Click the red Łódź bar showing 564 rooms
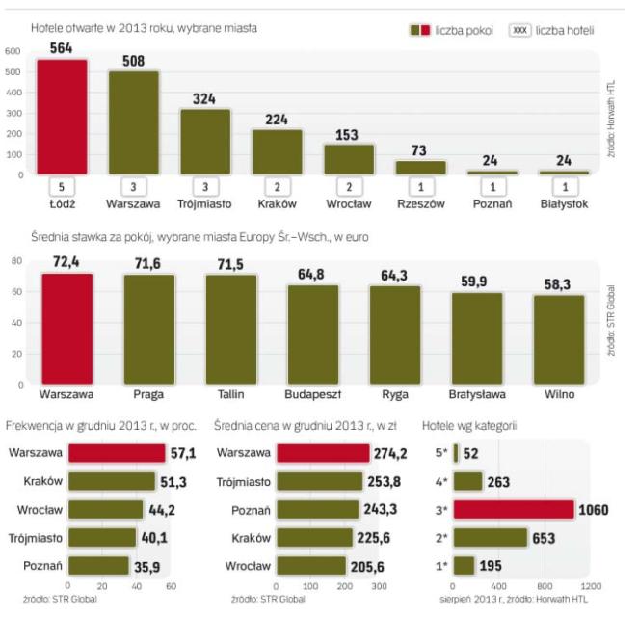[x=62, y=117]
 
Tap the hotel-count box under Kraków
[x=277, y=187]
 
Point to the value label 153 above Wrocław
[x=348, y=133]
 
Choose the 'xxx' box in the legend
[x=519, y=30]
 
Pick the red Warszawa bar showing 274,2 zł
[x=323, y=452]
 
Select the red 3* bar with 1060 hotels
[x=514, y=509]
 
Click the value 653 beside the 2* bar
[x=548, y=537]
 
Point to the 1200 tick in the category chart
[x=592, y=586]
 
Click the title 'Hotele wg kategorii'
[x=469, y=424]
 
